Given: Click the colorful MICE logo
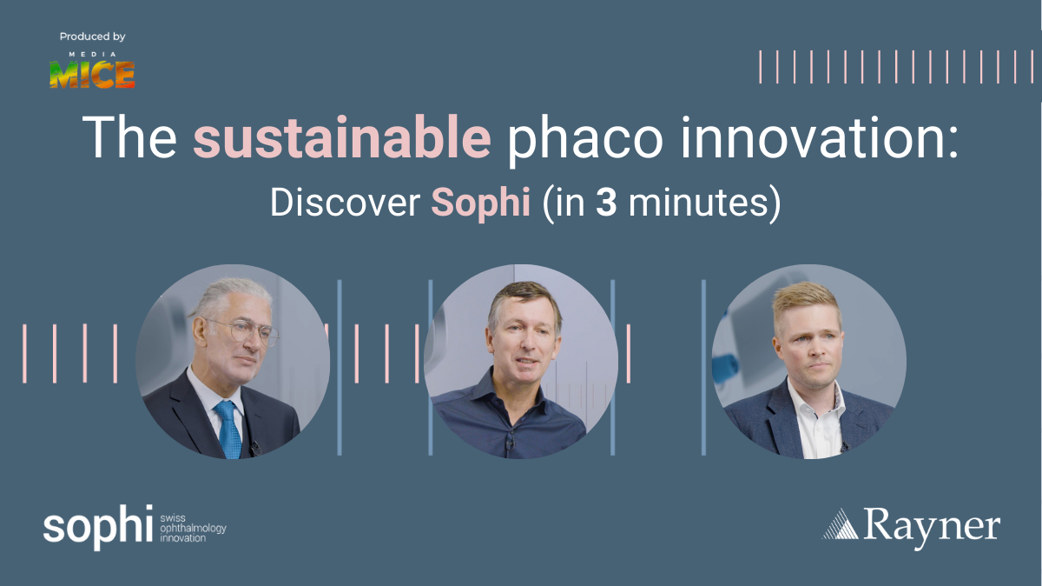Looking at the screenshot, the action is click(x=92, y=75).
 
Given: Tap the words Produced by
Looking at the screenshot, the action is click(x=93, y=37).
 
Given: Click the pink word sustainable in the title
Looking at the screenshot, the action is click(x=342, y=137).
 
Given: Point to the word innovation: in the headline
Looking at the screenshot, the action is click(x=820, y=137).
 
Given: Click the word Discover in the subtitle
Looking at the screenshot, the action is click(x=346, y=203).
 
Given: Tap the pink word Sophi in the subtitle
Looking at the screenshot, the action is click(x=481, y=203).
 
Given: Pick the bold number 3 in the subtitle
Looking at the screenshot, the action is click(x=607, y=203).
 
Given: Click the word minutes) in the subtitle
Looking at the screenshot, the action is click(x=704, y=204).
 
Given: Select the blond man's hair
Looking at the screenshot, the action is click(x=806, y=302).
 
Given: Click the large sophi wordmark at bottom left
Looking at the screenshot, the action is click(x=97, y=527).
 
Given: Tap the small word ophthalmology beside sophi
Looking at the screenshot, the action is click(x=193, y=529).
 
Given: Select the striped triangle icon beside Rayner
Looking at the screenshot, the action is click(x=841, y=524).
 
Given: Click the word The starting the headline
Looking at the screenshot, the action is click(x=129, y=137).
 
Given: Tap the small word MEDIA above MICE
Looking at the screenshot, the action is click(x=93, y=55).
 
